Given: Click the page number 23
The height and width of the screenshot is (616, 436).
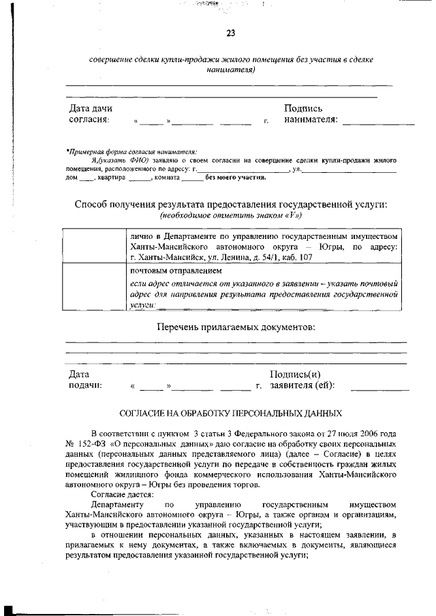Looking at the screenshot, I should tap(230, 34).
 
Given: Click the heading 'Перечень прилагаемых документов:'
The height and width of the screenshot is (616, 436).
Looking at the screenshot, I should tap(236, 327).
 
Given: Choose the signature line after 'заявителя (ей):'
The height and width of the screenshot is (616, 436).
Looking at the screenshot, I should tap(379, 389).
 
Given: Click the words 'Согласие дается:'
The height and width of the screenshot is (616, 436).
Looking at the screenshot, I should tap(122, 494).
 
